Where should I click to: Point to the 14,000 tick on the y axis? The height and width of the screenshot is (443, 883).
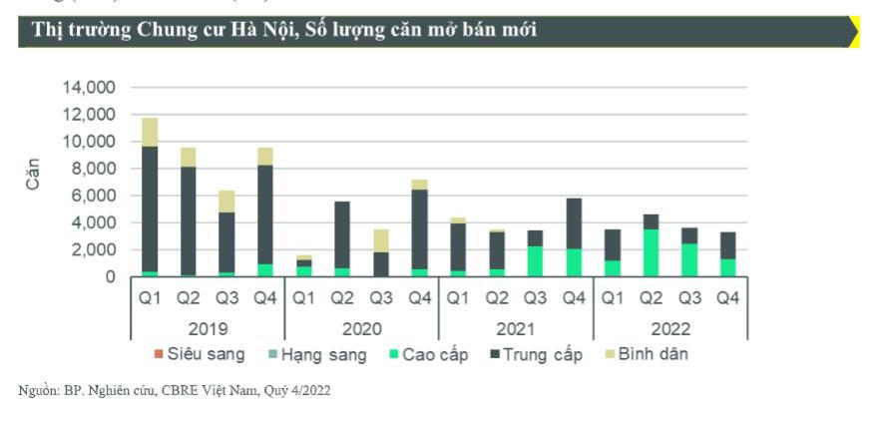[90, 88]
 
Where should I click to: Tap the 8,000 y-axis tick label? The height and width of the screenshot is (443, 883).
[94, 169]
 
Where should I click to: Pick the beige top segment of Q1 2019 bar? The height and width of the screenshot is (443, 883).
[150, 132]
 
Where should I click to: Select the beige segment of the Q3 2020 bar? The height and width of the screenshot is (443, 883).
[382, 240]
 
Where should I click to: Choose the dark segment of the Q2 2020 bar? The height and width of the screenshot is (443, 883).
[342, 234]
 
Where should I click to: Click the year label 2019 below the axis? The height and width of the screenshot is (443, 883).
[208, 329]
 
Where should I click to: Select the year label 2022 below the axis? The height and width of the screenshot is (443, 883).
[669, 329]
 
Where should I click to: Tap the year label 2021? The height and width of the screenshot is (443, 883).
[516, 329]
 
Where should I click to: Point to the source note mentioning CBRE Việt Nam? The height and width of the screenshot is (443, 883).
[175, 390]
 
